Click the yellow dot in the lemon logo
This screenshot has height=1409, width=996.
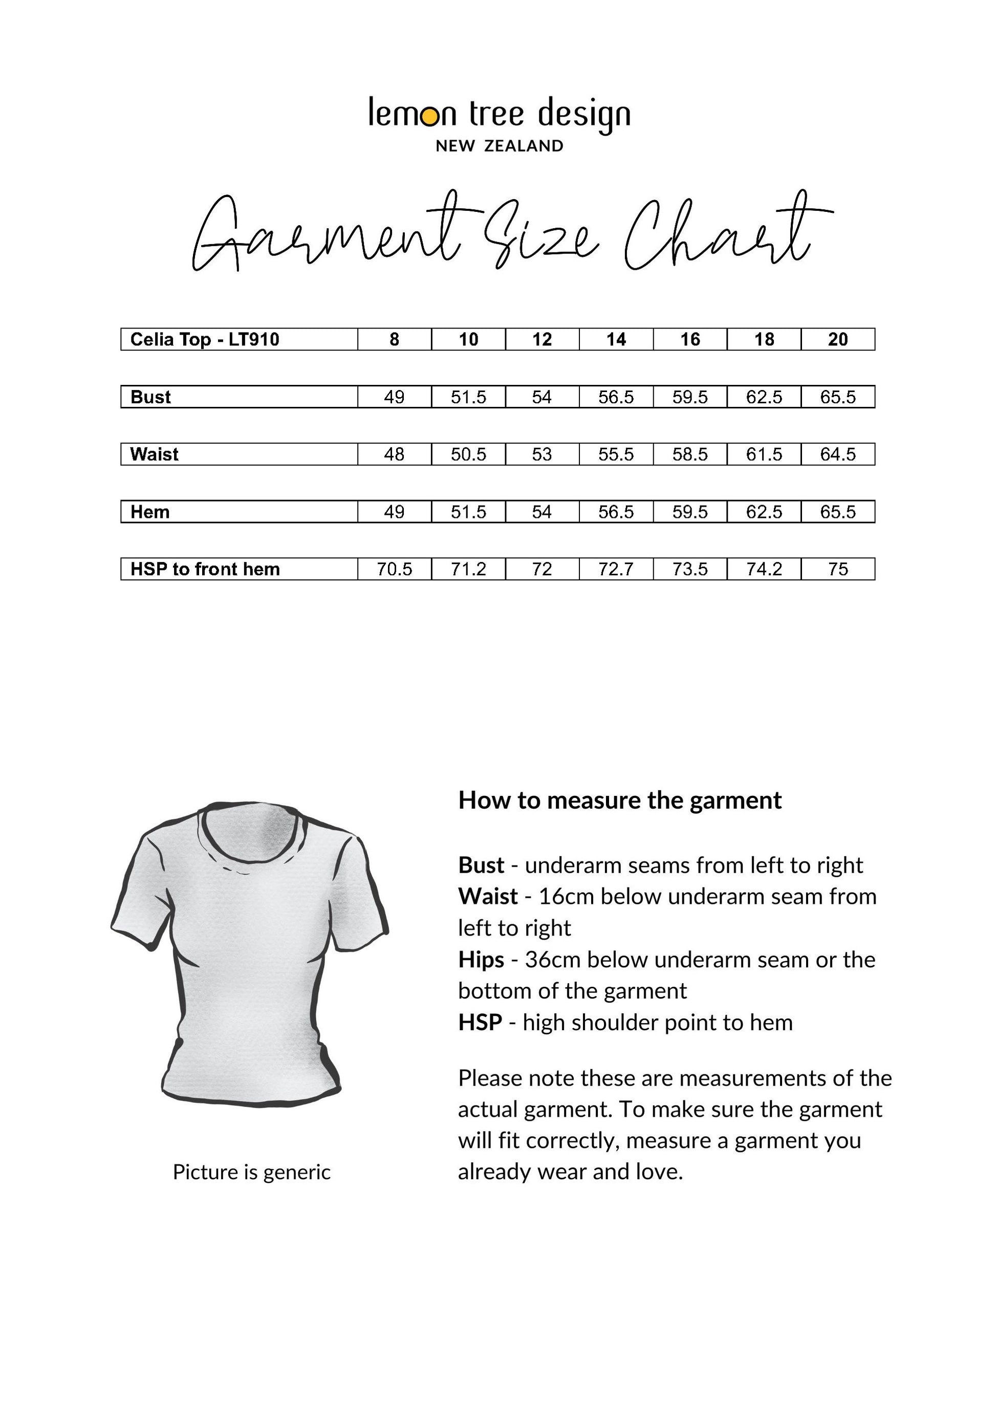(x=431, y=117)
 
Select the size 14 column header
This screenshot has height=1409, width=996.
(x=616, y=339)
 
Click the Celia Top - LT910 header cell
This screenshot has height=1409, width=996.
(x=205, y=339)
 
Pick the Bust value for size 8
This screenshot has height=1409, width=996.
(x=394, y=397)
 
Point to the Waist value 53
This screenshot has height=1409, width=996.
(x=542, y=454)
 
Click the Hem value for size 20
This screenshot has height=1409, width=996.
(x=838, y=512)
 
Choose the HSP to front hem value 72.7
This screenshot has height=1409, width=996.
(x=616, y=570)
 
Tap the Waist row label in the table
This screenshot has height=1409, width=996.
(x=154, y=454)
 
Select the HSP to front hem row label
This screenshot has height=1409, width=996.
(x=205, y=570)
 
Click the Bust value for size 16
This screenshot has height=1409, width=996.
(x=690, y=397)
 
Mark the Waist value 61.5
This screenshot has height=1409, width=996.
(x=764, y=454)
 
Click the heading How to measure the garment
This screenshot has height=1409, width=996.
(x=620, y=801)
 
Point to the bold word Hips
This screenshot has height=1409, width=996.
(x=481, y=959)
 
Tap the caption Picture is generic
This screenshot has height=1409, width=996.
(x=252, y=1172)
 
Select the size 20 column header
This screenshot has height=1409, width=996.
(x=838, y=339)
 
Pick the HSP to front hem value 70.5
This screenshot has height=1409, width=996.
(x=394, y=570)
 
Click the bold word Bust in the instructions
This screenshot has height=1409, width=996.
(x=481, y=865)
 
